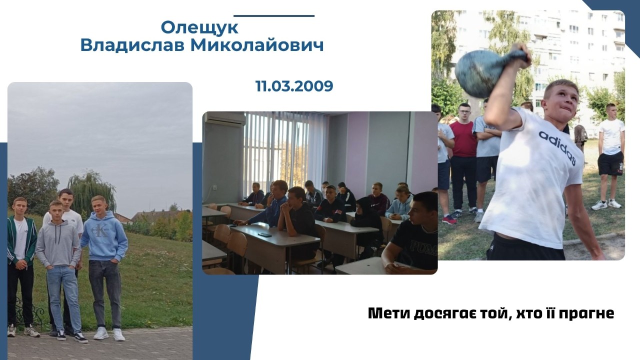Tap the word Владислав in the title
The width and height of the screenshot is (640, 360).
coord(132,45)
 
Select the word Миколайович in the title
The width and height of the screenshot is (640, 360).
coord(257,45)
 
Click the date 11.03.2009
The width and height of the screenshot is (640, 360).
coord(294,85)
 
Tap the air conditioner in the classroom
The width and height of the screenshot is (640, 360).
coord(224,118)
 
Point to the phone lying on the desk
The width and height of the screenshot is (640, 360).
coord(264,234)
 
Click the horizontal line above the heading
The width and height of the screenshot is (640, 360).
coord(274,16)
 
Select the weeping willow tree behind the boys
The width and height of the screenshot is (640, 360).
coord(91,194)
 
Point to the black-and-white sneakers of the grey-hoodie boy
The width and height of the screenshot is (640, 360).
coord(73,337)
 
